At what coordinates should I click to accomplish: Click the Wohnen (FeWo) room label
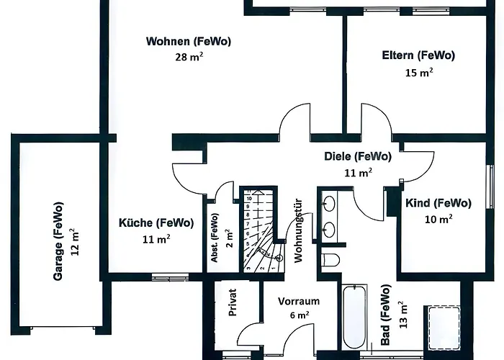click(x=189, y=42)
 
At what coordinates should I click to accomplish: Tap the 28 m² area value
click(x=189, y=57)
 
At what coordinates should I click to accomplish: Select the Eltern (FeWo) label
click(x=418, y=55)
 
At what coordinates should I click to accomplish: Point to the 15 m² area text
click(x=419, y=72)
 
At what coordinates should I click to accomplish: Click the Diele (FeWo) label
click(x=358, y=156)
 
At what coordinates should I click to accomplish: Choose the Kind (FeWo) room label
click(x=438, y=203)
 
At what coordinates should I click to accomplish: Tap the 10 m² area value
click(x=438, y=219)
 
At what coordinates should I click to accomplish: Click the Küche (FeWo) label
click(x=156, y=222)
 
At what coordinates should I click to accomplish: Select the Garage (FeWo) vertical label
click(x=58, y=241)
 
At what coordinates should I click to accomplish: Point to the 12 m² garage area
click(x=75, y=242)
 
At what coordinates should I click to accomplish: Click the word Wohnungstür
click(x=299, y=230)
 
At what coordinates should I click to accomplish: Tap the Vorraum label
click(x=299, y=301)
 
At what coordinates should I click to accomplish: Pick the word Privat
click(x=232, y=302)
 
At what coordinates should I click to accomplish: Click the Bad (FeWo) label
click(x=385, y=315)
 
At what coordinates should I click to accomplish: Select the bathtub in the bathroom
click(x=354, y=317)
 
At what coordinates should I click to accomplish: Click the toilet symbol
click(x=330, y=260)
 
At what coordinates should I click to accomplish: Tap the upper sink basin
click(x=329, y=203)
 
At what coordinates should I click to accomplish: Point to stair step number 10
click(x=249, y=199)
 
